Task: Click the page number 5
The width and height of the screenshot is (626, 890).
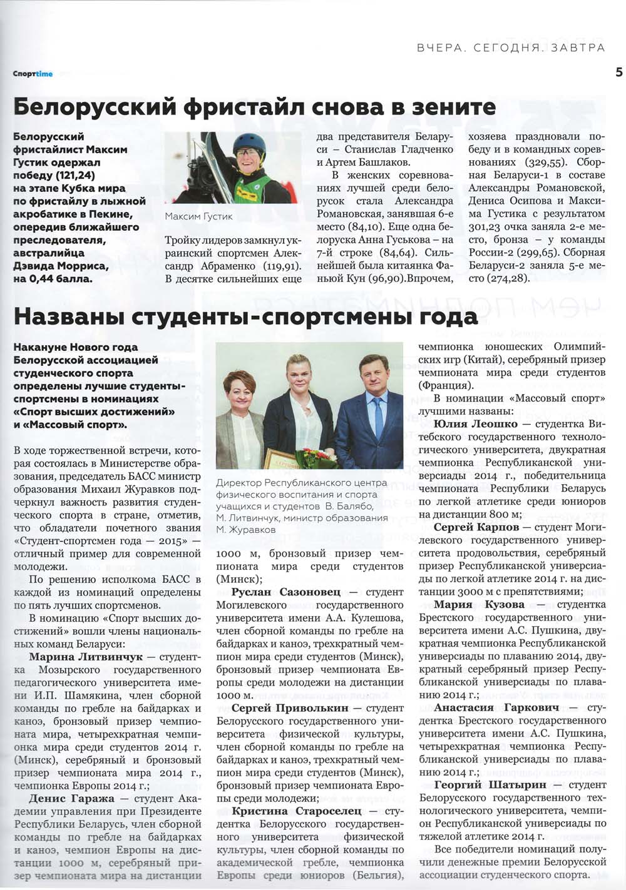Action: pyautogui.click(x=618, y=73)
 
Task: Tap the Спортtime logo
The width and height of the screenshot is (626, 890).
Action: pyautogui.click(x=33, y=74)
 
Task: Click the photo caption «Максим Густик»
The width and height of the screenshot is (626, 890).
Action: pyautogui.click(x=198, y=216)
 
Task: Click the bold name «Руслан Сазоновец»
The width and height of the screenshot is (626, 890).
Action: pyautogui.click(x=286, y=592)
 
